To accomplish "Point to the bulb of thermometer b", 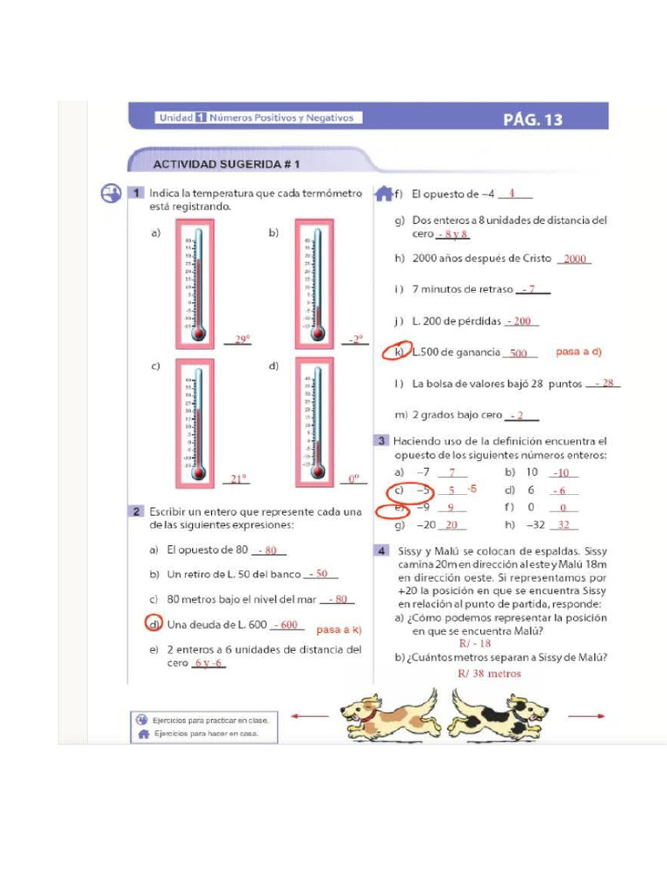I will pyautogui.click(x=317, y=332).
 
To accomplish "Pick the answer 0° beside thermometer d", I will pyautogui.click(x=353, y=478).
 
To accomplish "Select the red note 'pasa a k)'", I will pyautogui.click(x=339, y=629).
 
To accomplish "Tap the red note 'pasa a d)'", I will pyautogui.click(x=578, y=352).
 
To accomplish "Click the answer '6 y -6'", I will pyautogui.click(x=208, y=663).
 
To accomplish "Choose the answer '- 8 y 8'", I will pyautogui.click(x=452, y=234).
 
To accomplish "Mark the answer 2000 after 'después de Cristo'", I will pyautogui.click(x=574, y=259).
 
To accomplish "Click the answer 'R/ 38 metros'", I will pyautogui.click(x=490, y=673).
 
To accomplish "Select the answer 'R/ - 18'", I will pyautogui.click(x=475, y=643).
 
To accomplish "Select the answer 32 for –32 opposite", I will pyautogui.click(x=564, y=525).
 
